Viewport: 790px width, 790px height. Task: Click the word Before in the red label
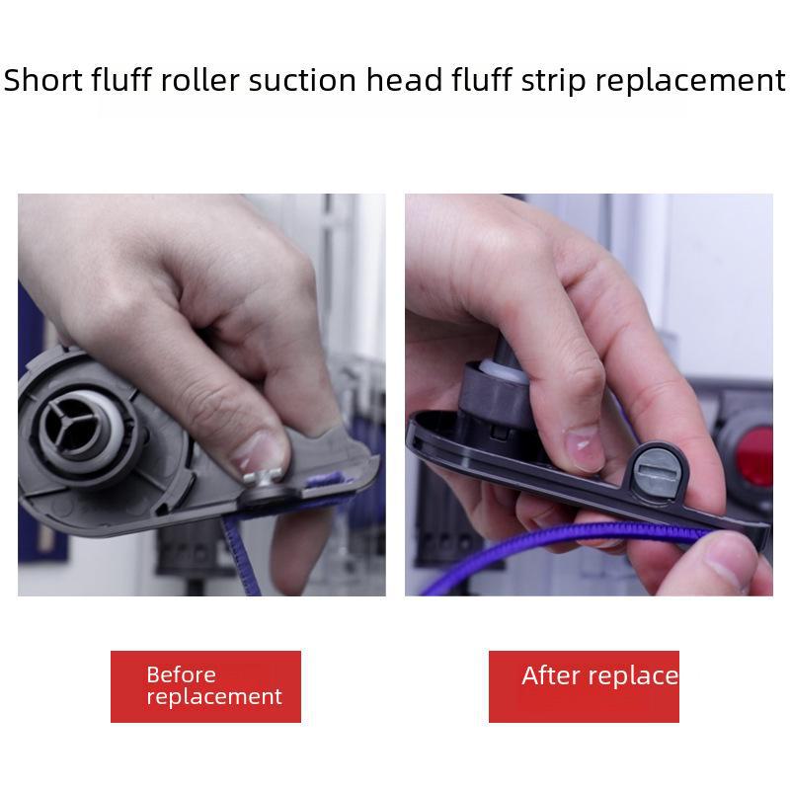pos(181,674)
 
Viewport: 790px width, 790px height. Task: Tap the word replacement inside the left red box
pos(213,697)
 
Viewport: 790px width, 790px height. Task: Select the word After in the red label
pos(550,675)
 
